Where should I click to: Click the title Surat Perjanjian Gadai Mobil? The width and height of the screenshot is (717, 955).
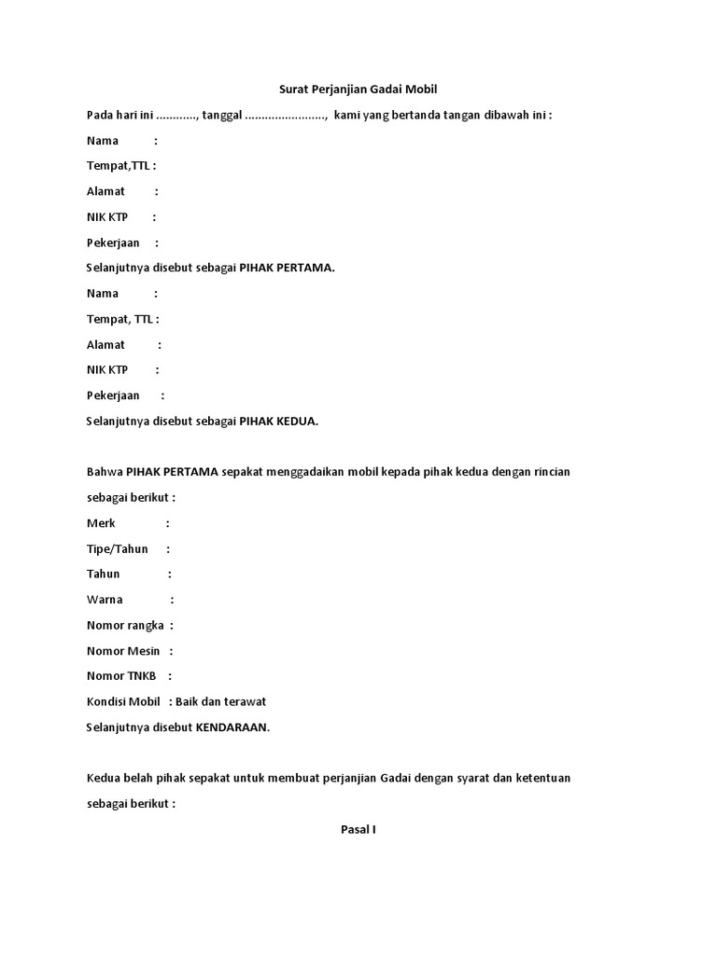point(358,90)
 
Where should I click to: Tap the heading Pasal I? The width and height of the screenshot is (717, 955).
point(358,828)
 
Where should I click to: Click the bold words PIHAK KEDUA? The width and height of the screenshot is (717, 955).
point(279,421)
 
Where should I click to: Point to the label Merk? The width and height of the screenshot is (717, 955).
point(101,523)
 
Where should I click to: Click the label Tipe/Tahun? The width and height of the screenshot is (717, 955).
point(118,548)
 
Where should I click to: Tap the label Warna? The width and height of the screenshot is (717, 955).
point(105,600)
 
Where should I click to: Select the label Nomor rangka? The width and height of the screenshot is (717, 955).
point(125,625)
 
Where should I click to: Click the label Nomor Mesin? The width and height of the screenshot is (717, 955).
point(123,651)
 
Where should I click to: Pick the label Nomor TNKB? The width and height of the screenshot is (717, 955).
point(122,676)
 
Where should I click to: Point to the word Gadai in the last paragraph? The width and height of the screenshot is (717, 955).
point(396,778)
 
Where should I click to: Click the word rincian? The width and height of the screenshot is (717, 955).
point(549,471)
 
